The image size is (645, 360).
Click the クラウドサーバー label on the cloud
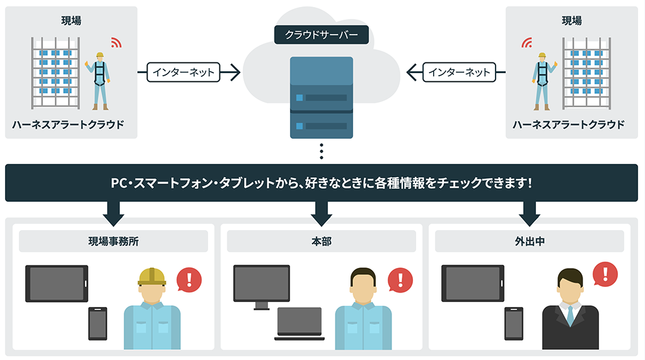321,35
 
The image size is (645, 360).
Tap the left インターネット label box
183,72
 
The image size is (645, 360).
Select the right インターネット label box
459,72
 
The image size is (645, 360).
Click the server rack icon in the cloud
321,97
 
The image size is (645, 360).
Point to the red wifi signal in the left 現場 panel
115,43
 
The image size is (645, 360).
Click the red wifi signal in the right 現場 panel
526,43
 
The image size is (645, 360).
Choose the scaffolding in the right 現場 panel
586,73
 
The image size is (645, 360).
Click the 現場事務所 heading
113,241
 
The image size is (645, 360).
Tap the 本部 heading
321,241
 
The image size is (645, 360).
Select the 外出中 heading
529,241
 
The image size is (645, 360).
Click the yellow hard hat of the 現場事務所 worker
152,276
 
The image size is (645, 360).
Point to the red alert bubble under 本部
400,278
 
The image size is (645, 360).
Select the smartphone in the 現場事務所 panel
98,323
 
